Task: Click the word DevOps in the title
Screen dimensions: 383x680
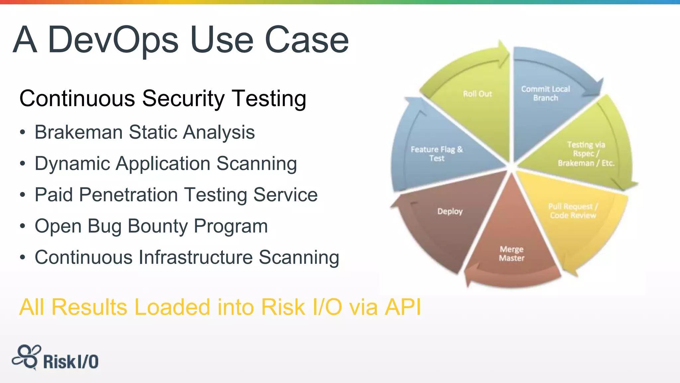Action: pyautogui.click(x=113, y=40)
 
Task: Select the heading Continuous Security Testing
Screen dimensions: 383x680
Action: pyautogui.click(x=163, y=98)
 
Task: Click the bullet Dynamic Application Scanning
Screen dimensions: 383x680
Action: pyautogui.click(x=166, y=164)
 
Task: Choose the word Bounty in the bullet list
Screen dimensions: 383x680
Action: pyautogui.click(x=157, y=226)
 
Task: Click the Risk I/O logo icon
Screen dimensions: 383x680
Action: pyautogui.click(x=27, y=357)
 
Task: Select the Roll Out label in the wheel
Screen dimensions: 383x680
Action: pyautogui.click(x=477, y=94)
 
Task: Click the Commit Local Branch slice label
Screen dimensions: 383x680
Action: pyautogui.click(x=545, y=93)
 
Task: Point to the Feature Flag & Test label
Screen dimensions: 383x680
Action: pyautogui.click(x=437, y=154)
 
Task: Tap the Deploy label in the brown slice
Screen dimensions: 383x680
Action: pyautogui.click(x=450, y=211)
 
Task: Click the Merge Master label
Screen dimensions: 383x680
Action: pyautogui.click(x=512, y=254)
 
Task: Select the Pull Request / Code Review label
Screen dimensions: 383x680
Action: pyautogui.click(x=573, y=211)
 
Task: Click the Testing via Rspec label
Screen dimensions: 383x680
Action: pyautogui.click(x=586, y=154)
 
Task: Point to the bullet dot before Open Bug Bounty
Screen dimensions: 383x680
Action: pyautogui.click(x=22, y=226)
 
